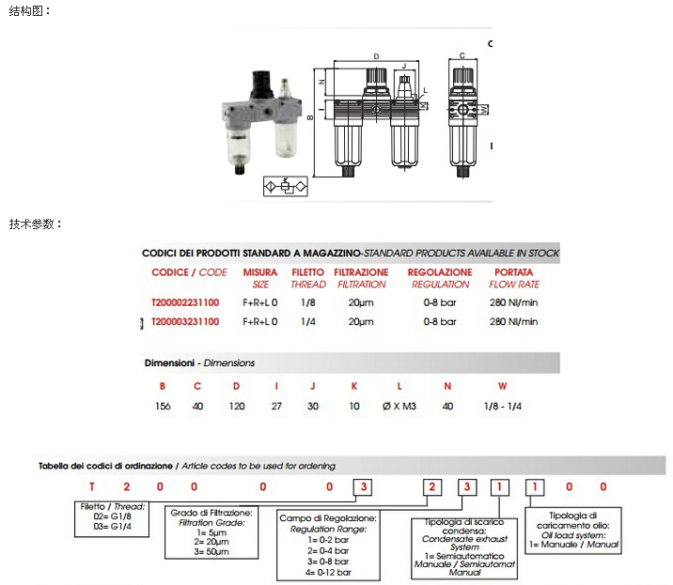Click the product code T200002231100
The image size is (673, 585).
tap(185, 302)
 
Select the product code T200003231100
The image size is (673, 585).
tap(185, 321)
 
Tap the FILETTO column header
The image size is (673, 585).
tap(307, 272)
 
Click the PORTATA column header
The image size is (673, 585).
tap(514, 272)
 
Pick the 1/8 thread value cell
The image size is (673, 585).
tap(307, 302)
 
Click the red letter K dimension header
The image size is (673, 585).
tap(354, 386)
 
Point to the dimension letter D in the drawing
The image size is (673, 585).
tap(376, 57)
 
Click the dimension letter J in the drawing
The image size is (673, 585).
tap(404, 68)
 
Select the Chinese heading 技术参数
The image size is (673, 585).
tap(36, 224)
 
